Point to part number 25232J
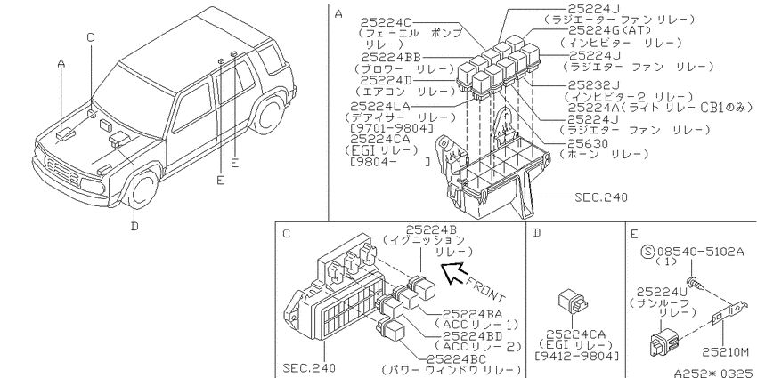click(x=594, y=85)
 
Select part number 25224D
click(x=387, y=79)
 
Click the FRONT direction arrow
click(x=454, y=274)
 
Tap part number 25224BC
click(x=457, y=359)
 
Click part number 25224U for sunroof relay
click(x=662, y=293)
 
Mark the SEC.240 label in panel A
click(x=601, y=197)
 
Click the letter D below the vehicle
click(x=134, y=226)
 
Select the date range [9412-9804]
click(x=577, y=356)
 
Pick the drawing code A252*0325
click(x=714, y=373)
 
